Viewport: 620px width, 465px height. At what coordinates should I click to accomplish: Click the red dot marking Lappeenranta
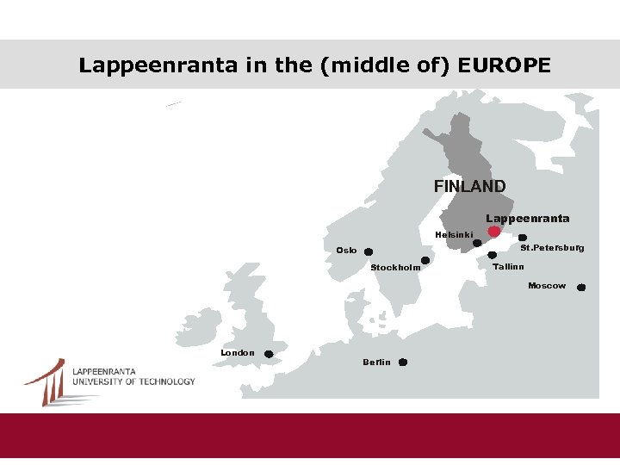pos(493,232)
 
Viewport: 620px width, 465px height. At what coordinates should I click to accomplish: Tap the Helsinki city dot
pos(478,244)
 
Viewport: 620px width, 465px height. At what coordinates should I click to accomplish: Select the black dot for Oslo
pos(369,252)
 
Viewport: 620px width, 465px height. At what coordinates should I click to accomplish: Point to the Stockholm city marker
pos(425,260)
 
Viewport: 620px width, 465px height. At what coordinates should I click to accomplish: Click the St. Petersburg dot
pos(523,238)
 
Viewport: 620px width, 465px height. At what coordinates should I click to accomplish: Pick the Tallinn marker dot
pos(493,255)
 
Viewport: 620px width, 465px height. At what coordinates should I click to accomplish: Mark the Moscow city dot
pos(581,288)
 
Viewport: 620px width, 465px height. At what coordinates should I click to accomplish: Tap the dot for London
pos(269,354)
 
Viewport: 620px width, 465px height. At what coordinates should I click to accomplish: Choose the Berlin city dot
pos(403,363)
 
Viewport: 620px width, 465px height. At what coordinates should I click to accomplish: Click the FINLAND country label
pos(469,186)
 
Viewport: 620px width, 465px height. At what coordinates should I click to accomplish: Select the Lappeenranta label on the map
pos(527,219)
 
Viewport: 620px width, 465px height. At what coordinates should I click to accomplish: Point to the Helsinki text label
pos(454,235)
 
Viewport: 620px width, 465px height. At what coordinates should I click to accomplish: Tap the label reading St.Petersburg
pos(552,248)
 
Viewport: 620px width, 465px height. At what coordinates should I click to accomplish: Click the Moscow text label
pos(547,285)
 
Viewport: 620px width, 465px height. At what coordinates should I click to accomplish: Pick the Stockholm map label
pos(395,268)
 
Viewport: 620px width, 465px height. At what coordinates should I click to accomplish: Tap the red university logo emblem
pos(46,381)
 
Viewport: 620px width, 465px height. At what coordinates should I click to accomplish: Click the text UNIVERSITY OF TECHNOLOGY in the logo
pos(133,381)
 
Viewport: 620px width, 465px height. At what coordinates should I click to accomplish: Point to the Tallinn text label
pos(509,267)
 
